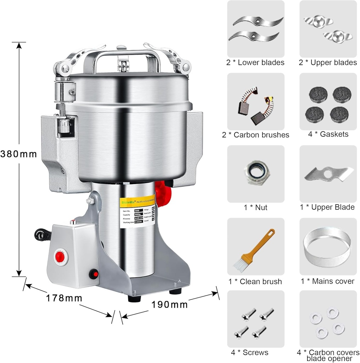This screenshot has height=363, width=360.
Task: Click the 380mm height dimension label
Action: (x=18, y=154)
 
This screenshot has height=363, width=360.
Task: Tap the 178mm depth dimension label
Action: (x=64, y=298)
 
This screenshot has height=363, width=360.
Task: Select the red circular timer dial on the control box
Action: (x=59, y=256)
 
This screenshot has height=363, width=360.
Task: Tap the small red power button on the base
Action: (x=94, y=273)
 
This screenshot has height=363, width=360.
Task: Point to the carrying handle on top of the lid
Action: (x=122, y=57)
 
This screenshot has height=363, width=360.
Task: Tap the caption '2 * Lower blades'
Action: (x=255, y=63)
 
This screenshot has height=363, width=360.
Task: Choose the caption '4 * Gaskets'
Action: (x=328, y=134)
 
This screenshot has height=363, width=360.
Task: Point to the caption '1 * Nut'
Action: (x=255, y=207)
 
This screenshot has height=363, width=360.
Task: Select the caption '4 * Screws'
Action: (x=249, y=352)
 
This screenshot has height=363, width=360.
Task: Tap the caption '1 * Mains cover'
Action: (x=327, y=281)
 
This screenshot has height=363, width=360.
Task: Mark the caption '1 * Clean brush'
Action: (x=255, y=281)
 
